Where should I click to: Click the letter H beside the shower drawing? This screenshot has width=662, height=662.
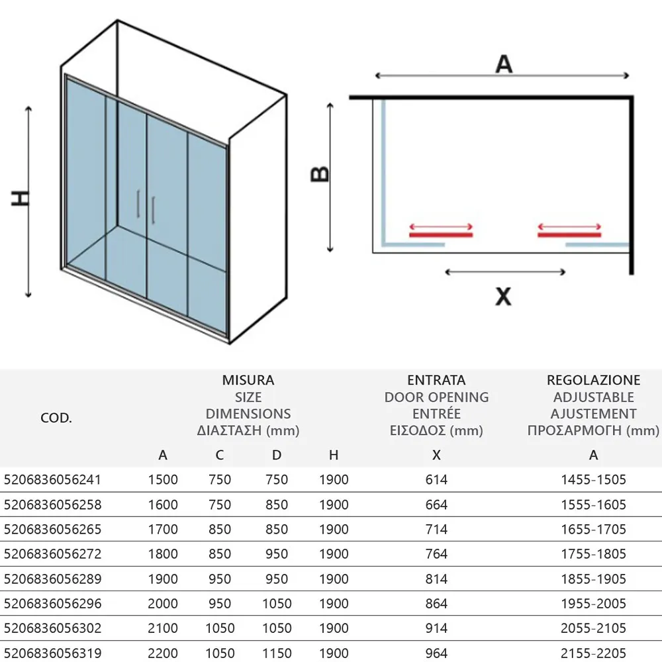[22, 198]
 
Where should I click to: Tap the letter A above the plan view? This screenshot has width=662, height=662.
[504, 64]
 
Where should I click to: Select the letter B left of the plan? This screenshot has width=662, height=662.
[320, 173]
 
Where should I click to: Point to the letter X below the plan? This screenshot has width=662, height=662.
[504, 297]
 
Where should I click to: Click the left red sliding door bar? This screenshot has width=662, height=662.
[441, 234]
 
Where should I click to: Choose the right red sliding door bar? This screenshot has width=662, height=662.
[569, 234]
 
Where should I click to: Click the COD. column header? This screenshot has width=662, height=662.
[56, 418]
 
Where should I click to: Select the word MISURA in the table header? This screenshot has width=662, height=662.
[248, 380]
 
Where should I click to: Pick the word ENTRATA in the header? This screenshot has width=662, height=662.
[436, 380]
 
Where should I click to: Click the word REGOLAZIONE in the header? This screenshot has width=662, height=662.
[593, 380]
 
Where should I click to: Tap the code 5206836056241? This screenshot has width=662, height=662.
[53, 479]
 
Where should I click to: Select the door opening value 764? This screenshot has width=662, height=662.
[436, 554]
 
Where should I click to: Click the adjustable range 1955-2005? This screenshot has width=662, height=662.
[593, 604]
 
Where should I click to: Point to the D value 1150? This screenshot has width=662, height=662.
[277, 653]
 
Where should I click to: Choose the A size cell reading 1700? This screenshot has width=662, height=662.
[163, 530]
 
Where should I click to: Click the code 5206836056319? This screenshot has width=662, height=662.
[53, 653]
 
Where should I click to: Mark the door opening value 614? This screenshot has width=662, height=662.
[436, 479]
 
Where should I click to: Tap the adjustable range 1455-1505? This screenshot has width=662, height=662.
[593, 479]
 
